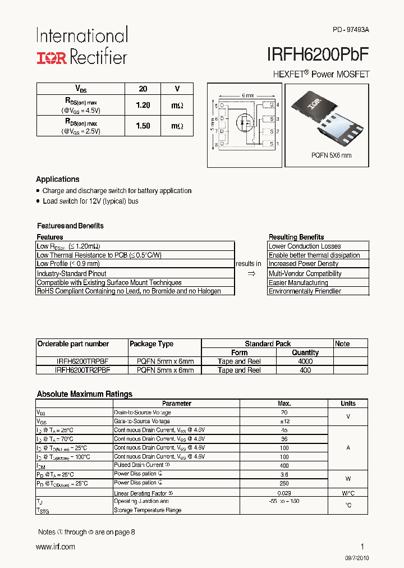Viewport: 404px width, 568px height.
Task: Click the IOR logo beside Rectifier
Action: tap(52, 57)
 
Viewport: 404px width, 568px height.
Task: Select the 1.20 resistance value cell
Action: tap(143, 106)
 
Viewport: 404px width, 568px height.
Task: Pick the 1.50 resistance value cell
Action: tap(143, 126)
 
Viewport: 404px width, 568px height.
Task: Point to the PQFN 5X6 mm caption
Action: tap(331, 155)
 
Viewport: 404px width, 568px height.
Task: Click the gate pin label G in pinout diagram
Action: tap(271, 105)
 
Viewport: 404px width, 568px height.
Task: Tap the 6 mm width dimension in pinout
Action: tap(247, 95)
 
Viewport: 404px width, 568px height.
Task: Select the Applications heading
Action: tap(58, 180)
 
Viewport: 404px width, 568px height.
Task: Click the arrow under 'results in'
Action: tap(251, 273)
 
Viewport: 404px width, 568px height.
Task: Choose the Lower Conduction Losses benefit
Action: tap(305, 246)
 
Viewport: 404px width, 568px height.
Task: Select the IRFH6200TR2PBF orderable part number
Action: tap(82, 370)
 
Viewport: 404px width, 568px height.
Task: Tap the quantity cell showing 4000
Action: tap(305, 361)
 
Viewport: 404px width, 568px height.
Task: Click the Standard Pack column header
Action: tap(268, 343)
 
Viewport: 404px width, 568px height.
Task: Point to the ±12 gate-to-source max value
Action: tap(284, 421)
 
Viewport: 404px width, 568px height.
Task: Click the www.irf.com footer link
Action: tap(55, 547)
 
